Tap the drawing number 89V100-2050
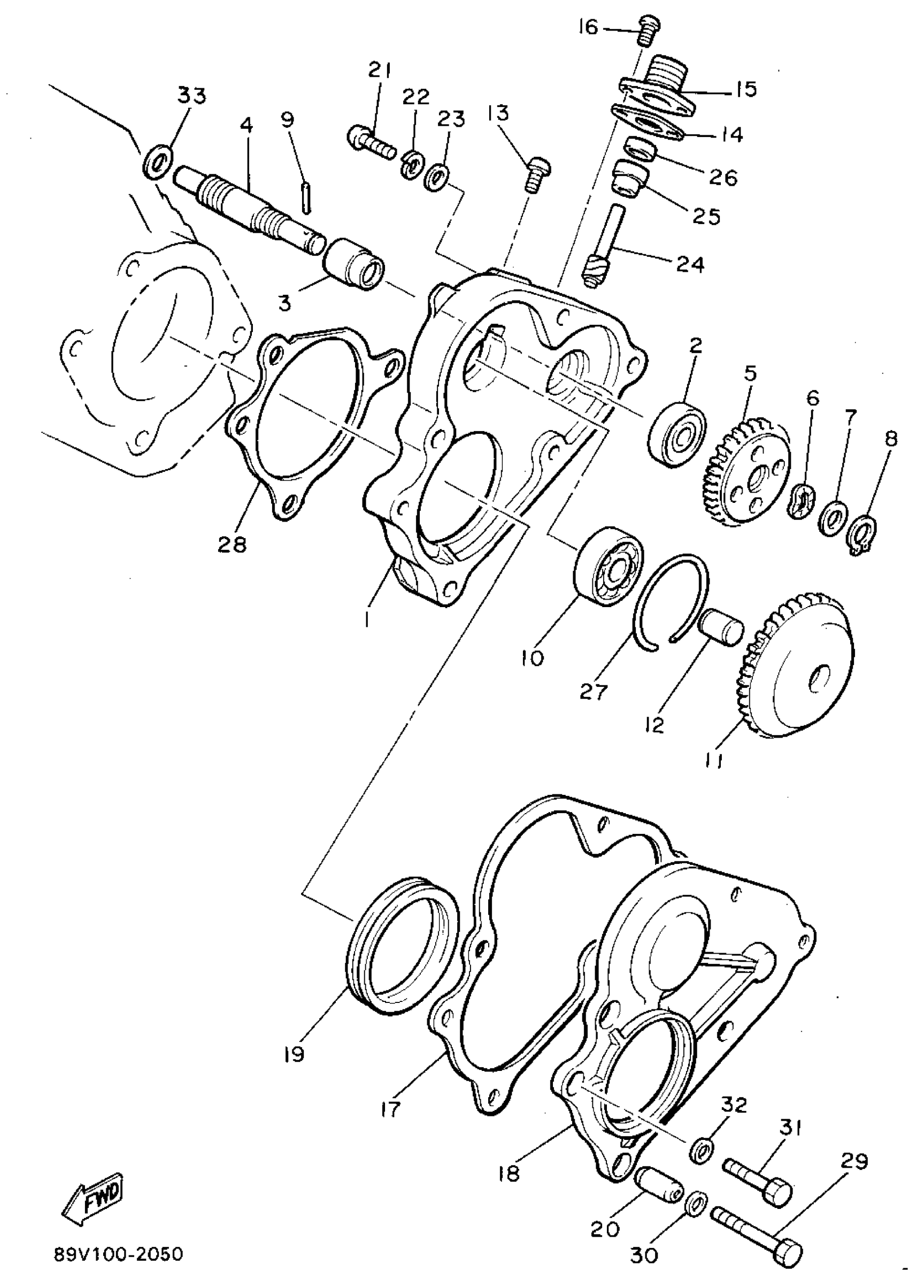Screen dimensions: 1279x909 [x=119, y=1254]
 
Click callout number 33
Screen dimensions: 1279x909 [x=192, y=96]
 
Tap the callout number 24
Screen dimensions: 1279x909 [x=690, y=264]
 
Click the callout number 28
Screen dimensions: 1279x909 [x=232, y=542]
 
